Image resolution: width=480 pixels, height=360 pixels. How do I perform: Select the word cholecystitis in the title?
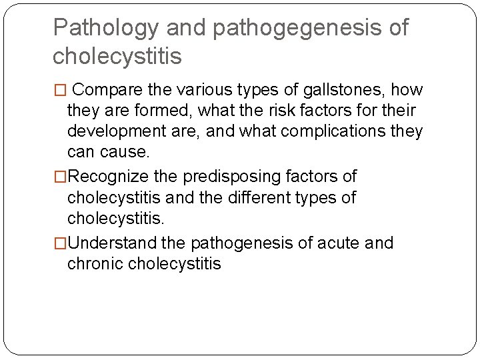(117, 57)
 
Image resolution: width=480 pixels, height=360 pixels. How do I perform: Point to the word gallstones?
(353, 89)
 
